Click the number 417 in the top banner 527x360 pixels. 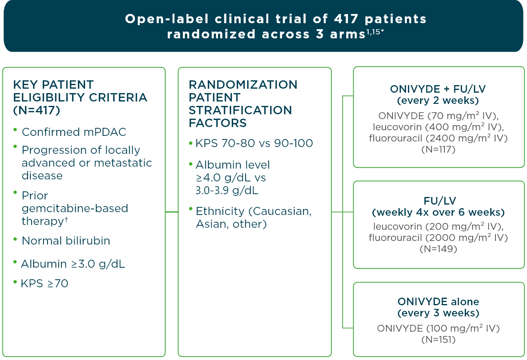(346, 19)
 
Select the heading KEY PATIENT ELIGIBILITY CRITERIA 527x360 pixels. (80, 97)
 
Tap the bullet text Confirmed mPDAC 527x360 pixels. (74, 132)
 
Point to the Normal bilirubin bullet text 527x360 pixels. (66, 241)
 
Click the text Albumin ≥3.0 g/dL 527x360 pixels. (73, 264)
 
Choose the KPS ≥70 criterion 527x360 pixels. (44, 284)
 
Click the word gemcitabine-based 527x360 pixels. (75, 209)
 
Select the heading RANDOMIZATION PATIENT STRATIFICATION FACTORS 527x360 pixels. (243, 104)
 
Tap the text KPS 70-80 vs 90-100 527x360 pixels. (254, 143)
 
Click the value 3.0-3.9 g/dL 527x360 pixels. (227, 191)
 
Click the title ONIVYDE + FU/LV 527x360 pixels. (438, 89)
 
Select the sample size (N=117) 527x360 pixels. (438, 149)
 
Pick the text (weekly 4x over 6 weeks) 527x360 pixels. (438, 212)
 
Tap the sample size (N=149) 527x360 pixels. (438, 249)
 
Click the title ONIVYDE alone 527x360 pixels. (438, 302)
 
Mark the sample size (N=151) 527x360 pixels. (438, 340)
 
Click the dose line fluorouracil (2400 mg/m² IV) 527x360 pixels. (438, 138)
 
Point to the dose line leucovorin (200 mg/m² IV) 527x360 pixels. (438, 227)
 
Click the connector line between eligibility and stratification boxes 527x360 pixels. (172, 212)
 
